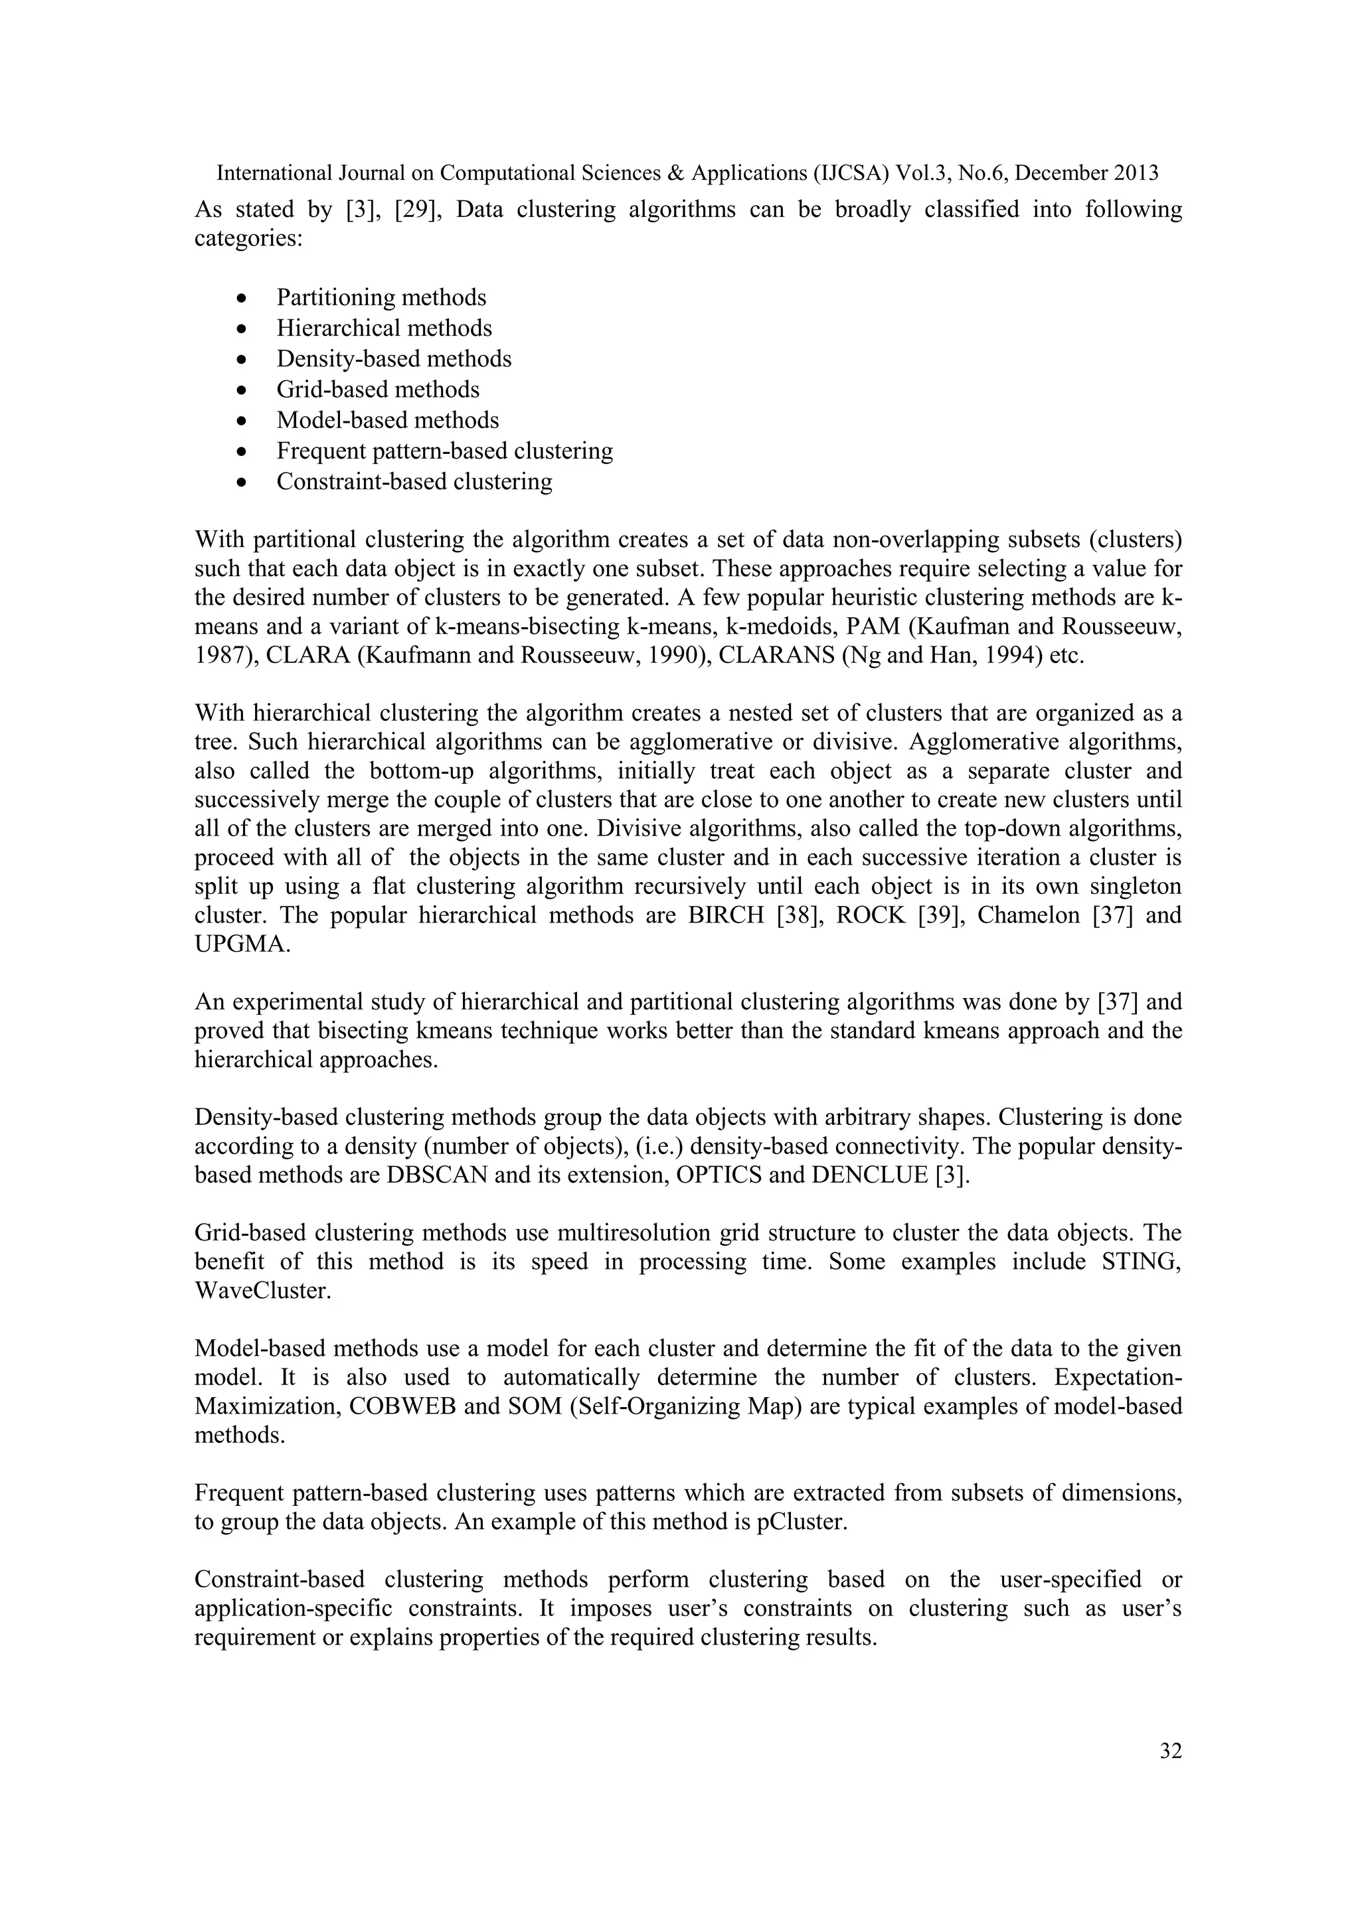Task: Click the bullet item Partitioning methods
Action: click(x=381, y=297)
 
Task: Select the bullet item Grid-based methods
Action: click(x=378, y=390)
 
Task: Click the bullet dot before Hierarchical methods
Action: click(x=242, y=330)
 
